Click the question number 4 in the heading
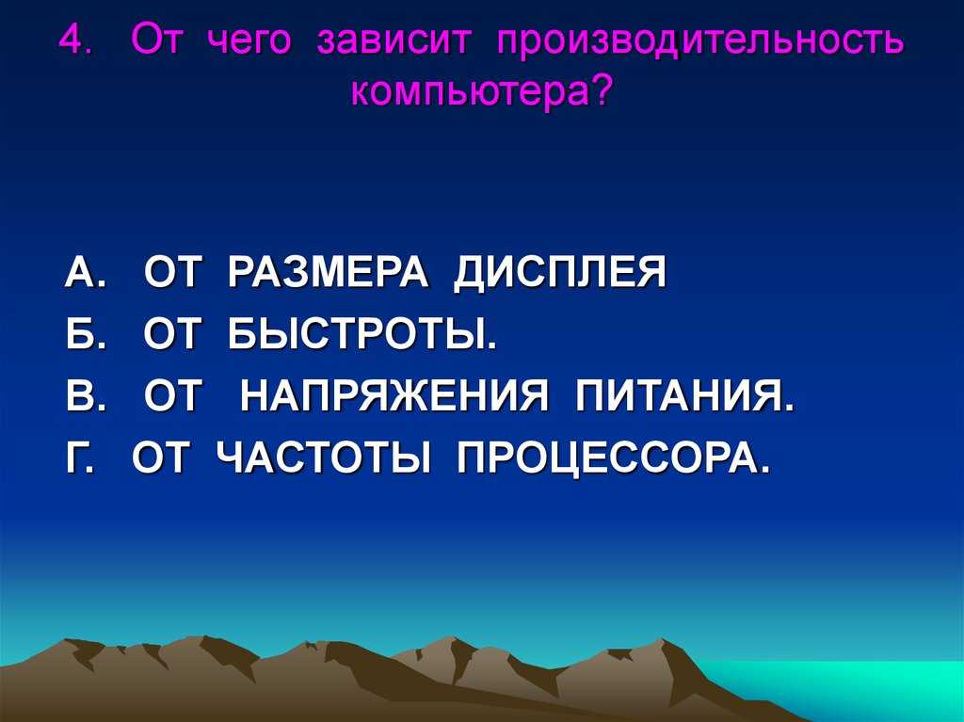point(71,41)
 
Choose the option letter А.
point(79,272)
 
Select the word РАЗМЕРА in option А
point(328,272)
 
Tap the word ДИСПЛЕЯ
point(560,273)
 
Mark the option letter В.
point(80,396)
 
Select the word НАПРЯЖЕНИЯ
point(394,396)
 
